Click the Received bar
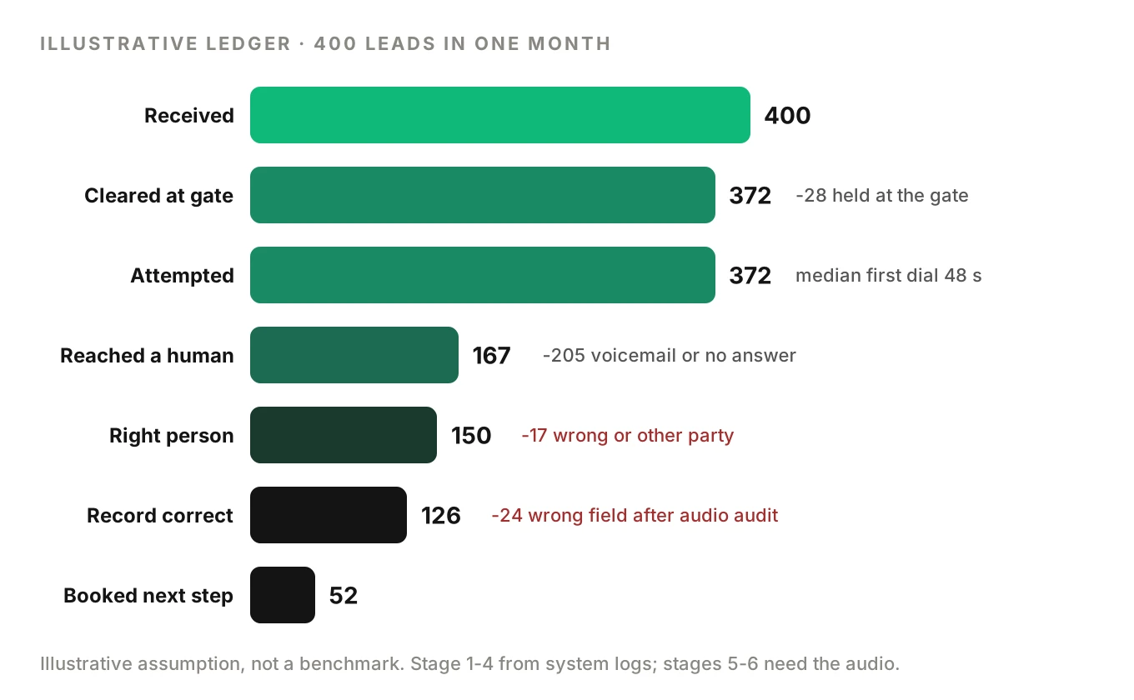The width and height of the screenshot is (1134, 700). coord(500,115)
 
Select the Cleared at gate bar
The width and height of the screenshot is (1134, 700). coord(483,195)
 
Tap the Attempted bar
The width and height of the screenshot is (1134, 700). coord(483,275)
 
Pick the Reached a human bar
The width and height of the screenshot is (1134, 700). coord(354,354)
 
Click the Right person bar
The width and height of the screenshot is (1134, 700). coord(344,435)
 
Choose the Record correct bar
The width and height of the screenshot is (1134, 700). coord(328,515)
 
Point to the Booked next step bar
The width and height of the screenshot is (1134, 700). coord(283,595)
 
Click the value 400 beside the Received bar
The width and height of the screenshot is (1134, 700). coord(787,115)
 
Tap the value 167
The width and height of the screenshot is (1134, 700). coord(491,356)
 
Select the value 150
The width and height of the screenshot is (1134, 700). coord(471,436)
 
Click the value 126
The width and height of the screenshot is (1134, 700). coord(440,515)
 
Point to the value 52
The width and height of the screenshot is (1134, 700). coord(344,595)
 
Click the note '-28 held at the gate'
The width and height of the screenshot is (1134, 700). coord(882,195)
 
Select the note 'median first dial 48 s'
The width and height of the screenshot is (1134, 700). coord(889,275)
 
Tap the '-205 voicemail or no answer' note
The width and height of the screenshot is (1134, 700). coord(670,355)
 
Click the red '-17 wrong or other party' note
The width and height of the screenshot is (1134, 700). coord(628,436)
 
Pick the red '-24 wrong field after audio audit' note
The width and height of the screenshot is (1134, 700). coord(635,515)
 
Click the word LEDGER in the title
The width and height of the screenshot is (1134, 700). coord(248,43)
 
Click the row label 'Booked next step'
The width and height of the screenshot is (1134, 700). coord(148,596)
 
